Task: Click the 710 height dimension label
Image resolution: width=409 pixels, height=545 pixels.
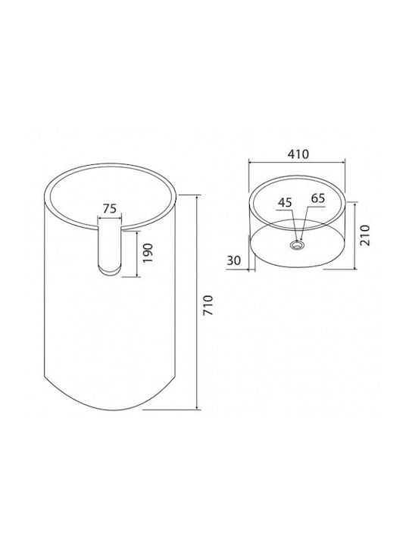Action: pos(208,306)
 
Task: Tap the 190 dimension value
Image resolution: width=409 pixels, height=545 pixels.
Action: pos(148,253)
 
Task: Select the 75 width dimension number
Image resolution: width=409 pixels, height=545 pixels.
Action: pos(110,209)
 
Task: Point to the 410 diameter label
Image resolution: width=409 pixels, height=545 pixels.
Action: pos(298,154)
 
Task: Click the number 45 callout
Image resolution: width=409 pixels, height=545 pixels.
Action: pos(286,202)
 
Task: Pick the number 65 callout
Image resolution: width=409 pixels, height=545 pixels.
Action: pos(317,198)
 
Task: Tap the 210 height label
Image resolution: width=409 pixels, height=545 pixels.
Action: pos(365,235)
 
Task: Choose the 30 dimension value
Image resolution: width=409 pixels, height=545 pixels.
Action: pos(234,260)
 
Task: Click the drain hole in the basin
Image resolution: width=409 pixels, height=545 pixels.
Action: pos(298,245)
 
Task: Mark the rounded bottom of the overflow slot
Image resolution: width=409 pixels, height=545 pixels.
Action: pos(110,270)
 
